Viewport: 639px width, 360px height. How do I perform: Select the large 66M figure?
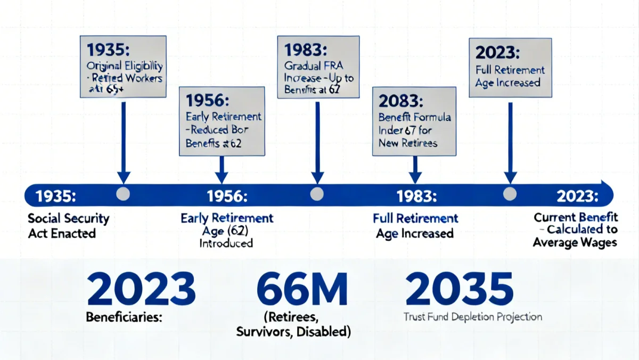[x=302, y=289]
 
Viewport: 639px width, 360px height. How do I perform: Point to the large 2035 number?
[x=459, y=289]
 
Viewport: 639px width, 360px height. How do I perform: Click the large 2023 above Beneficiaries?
[x=141, y=289]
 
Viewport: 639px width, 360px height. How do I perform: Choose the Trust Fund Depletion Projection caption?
[x=472, y=317]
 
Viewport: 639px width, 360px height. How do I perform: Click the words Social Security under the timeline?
[x=68, y=218]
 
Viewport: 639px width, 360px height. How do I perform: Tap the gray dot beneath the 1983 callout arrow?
[x=317, y=194]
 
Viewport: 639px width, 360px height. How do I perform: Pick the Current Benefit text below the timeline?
[x=576, y=217]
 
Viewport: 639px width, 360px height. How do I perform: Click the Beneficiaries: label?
[x=124, y=317]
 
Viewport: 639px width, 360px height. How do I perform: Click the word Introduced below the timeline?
[x=226, y=243]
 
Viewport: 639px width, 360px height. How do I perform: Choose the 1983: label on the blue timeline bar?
[x=417, y=196]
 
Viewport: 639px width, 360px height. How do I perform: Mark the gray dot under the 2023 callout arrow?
[x=510, y=194]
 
